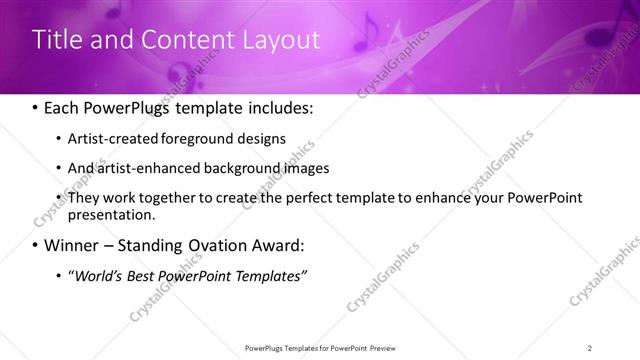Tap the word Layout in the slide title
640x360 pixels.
(x=279, y=40)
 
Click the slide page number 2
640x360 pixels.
(x=590, y=348)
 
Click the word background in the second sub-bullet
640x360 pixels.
(x=236, y=168)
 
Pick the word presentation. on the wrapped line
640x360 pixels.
(x=111, y=214)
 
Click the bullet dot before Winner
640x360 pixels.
(x=36, y=246)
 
